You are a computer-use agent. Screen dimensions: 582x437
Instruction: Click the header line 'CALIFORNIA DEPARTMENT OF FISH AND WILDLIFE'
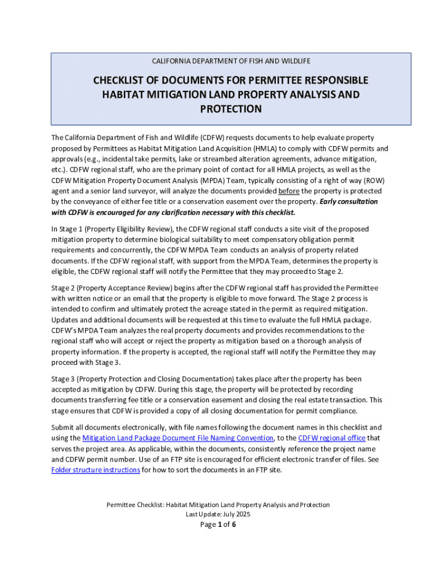click(x=230, y=61)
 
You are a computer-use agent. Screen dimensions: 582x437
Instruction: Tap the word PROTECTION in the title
click(x=230, y=109)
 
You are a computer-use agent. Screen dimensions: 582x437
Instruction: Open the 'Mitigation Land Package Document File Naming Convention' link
click(x=178, y=438)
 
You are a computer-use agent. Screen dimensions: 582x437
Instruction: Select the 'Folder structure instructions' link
click(x=95, y=470)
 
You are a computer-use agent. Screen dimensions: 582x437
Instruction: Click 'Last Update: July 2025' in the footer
click(x=218, y=514)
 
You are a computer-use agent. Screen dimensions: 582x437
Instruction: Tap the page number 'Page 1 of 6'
click(x=218, y=525)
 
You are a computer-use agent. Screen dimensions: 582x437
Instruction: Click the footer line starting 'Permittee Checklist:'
click(x=218, y=505)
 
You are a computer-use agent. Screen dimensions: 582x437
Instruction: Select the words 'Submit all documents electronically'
click(x=107, y=427)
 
